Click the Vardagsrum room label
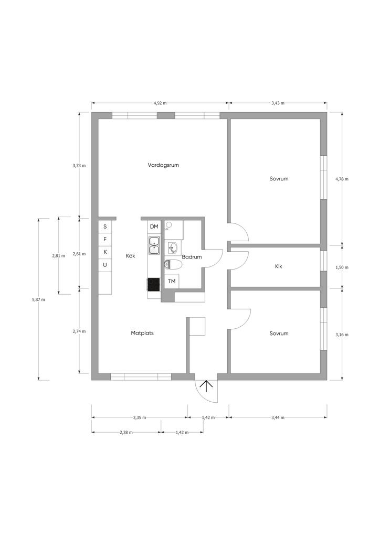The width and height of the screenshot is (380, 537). click(163, 165)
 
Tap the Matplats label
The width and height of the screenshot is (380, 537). click(142, 333)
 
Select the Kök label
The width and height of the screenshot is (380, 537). click(131, 256)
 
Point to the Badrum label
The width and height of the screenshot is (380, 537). click(192, 257)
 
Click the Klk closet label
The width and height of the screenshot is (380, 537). click(278, 266)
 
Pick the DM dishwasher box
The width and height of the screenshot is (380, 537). click(154, 227)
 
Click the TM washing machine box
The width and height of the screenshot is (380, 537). click(172, 281)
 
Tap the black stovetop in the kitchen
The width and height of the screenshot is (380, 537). click(154, 284)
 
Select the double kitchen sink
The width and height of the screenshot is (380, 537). click(154, 245)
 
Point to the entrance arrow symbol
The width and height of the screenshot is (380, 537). click(206, 385)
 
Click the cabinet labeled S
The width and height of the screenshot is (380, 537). click(105, 227)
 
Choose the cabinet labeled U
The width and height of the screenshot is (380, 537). click(105, 265)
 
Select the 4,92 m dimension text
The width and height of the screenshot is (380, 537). click(160, 103)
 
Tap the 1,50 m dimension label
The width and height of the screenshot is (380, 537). click(342, 267)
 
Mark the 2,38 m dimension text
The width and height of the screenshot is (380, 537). click(126, 432)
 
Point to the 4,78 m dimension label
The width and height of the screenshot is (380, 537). click(342, 179)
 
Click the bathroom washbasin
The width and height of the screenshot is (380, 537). click(173, 248)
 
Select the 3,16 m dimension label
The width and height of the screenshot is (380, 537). click(342, 335)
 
